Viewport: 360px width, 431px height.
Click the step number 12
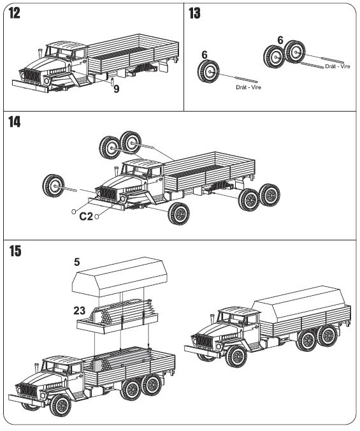click(x=14, y=13)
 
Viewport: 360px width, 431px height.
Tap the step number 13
click(x=195, y=13)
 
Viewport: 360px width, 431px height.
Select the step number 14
click(x=14, y=122)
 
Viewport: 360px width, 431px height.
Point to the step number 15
click(x=15, y=251)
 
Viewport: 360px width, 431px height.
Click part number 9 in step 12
click(x=117, y=89)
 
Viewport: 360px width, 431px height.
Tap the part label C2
click(x=86, y=217)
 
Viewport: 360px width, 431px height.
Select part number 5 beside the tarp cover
click(x=77, y=262)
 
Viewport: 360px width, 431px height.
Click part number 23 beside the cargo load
click(x=80, y=311)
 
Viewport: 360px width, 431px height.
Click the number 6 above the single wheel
click(x=205, y=55)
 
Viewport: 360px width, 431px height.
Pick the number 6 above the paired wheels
click(x=280, y=40)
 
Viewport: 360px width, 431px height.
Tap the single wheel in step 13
click(x=208, y=72)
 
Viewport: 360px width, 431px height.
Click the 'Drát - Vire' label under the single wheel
click(x=248, y=87)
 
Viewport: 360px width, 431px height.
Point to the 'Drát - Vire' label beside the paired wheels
click(x=338, y=66)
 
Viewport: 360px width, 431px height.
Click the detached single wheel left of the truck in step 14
click(x=54, y=186)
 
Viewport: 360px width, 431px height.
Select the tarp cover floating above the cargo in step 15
click(x=120, y=277)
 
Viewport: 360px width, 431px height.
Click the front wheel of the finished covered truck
click(x=236, y=357)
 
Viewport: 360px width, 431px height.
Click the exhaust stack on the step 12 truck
click(x=40, y=53)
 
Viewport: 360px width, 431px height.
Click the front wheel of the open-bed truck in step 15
click(x=61, y=406)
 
